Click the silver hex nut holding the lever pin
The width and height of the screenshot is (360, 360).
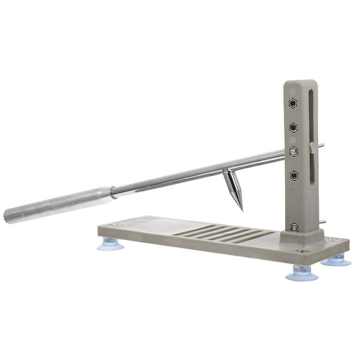[294, 151]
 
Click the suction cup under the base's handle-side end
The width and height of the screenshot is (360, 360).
[110, 242]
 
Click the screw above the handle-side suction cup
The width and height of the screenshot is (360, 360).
[110, 225]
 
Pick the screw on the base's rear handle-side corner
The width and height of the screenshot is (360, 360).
[149, 217]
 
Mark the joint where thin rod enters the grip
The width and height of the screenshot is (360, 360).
[112, 192]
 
